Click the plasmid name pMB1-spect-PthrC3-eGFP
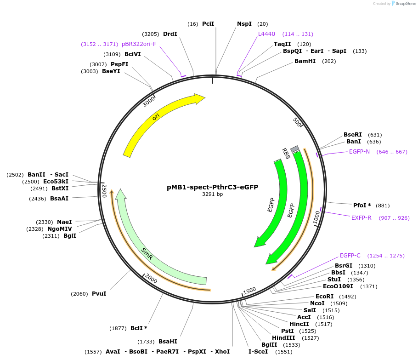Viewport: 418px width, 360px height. click(212, 187)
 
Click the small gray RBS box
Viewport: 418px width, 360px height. click(295, 149)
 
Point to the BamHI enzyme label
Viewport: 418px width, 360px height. click(305, 61)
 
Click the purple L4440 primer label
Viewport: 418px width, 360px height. click(266, 34)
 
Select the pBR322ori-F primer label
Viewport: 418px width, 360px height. click(139, 44)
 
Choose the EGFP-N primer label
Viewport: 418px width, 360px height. click(359, 152)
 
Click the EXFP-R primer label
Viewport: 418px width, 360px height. click(361, 218)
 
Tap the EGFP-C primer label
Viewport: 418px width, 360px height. click(350, 256)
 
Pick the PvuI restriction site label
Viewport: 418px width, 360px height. click(99, 294)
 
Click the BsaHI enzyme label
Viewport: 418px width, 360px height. click(168, 342)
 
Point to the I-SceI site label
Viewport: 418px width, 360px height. click(258, 352)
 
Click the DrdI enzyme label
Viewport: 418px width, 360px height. click(170, 34)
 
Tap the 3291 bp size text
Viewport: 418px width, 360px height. click(212, 194)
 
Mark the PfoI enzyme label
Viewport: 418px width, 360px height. click(362, 206)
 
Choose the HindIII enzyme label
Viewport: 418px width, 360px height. click(283, 338)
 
